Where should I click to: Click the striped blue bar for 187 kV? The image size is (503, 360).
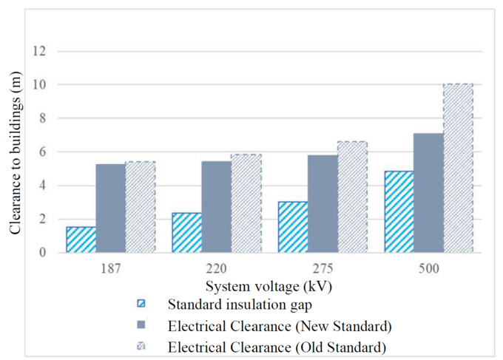(81, 240)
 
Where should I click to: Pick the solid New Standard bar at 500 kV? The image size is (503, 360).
(428, 193)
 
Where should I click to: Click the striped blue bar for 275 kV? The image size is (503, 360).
(292, 227)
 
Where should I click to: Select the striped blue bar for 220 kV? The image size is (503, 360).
(186, 233)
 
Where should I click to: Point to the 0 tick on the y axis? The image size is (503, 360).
(43, 253)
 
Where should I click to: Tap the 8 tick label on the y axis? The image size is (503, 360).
(43, 119)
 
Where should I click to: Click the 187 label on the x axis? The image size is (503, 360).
(110, 269)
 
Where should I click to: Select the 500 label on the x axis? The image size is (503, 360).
(428, 269)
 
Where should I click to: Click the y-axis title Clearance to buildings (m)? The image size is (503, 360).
(16, 152)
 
